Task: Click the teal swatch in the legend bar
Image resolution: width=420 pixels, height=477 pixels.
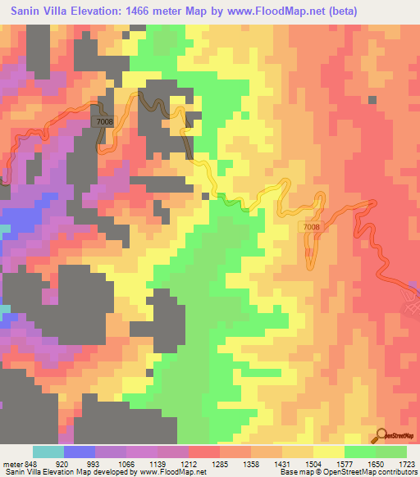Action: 48,452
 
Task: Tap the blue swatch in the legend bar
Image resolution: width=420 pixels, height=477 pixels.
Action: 80,452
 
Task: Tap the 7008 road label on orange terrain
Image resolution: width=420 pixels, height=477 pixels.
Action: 310,227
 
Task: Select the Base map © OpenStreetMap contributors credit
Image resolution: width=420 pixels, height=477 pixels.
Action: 346,472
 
